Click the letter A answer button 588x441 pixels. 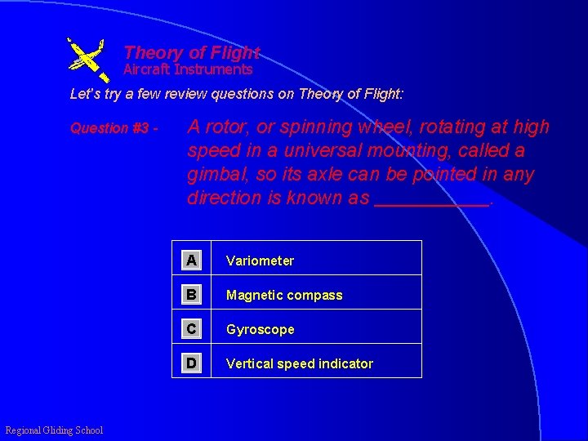(x=191, y=261)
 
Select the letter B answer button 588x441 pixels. (x=191, y=295)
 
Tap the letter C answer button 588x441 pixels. (x=191, y=329)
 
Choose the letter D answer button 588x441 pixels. (x=191, y=363)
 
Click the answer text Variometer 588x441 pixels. (x=260, y=261)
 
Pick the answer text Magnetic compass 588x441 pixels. (x=284, y=295)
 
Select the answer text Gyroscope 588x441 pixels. (x=260, y=329)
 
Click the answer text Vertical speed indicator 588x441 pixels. (x=299, y=363)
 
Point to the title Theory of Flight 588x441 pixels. (x=191, y=53)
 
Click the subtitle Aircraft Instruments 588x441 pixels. (x=188, y=69)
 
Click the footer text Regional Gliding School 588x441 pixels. (x=54, y=430)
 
